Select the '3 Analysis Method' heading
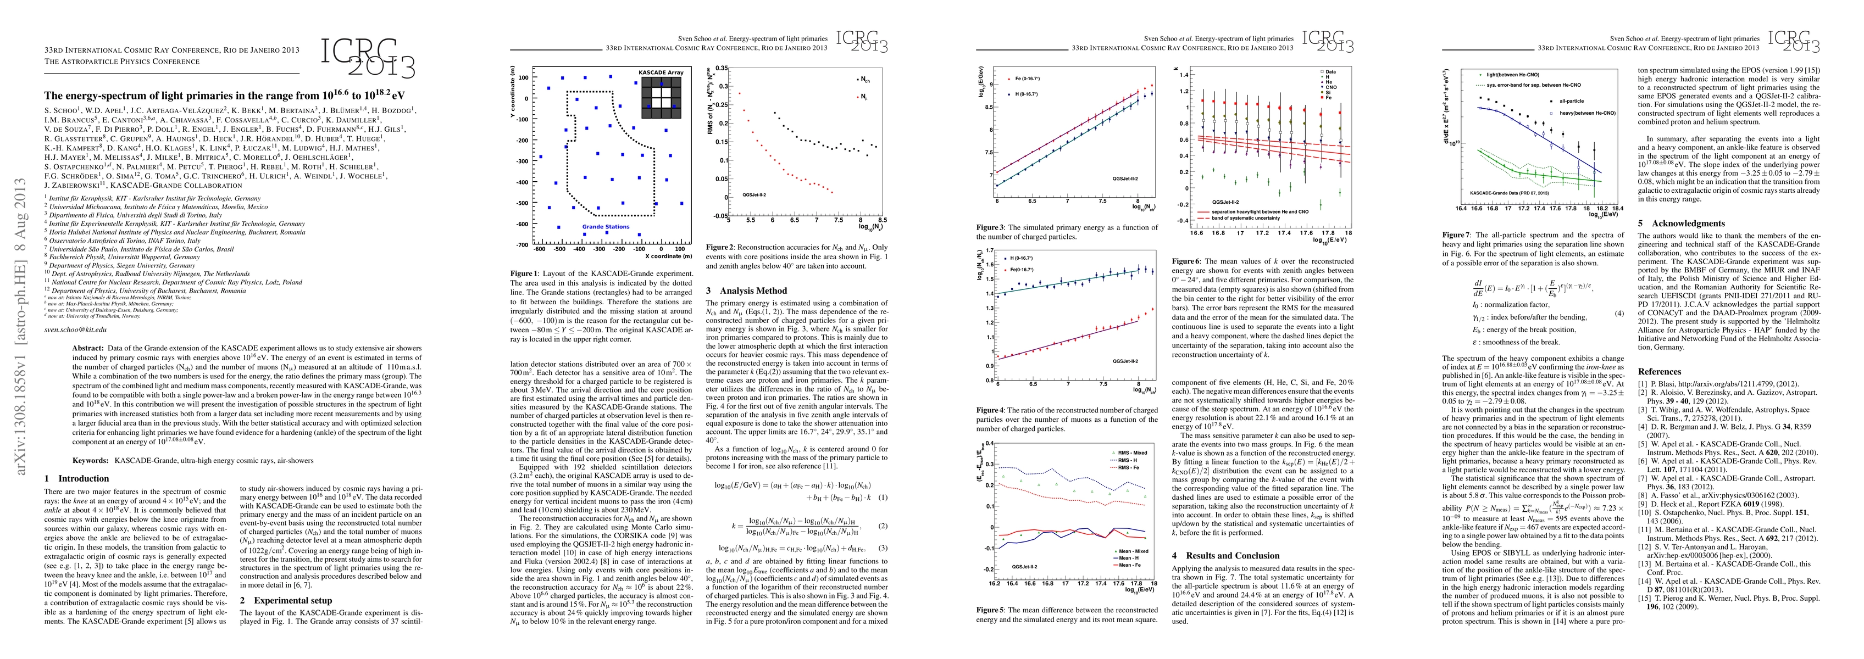[746, 291]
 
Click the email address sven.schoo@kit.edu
[75, 329]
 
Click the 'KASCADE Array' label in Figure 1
[660, 73]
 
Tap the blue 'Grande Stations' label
[606, 226]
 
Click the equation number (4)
[1613, 313]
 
